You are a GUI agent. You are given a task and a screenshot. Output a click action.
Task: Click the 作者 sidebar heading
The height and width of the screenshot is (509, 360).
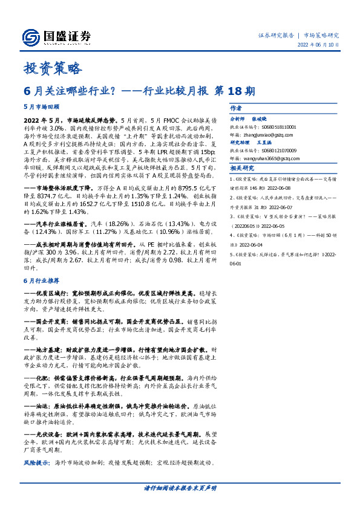point(236,107)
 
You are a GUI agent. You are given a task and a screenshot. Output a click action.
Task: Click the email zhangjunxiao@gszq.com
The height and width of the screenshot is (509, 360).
point(273,135)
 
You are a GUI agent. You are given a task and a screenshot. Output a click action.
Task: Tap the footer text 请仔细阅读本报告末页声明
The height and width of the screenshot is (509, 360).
point(180,488)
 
